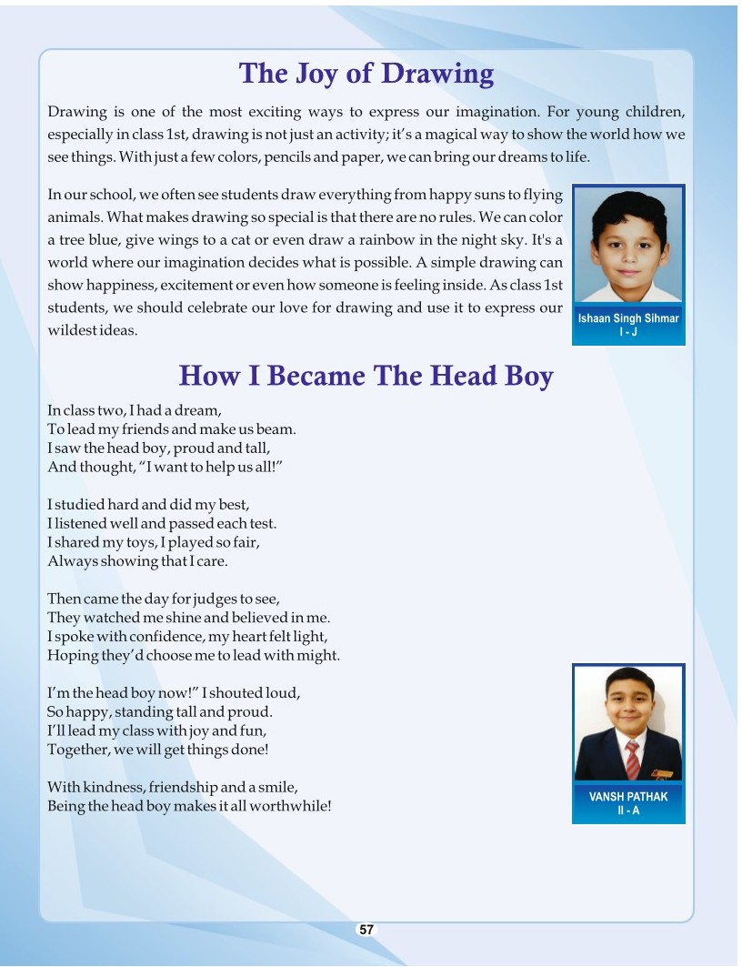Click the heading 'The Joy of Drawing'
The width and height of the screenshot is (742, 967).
(366, 74)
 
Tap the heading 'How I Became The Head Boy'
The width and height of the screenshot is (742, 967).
(366, 376)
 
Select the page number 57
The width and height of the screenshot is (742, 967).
(366, 929)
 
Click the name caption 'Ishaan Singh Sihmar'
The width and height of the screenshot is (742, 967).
(628, 319)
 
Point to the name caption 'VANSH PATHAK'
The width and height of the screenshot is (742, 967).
(628, 796)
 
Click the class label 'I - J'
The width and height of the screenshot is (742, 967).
(628, 332)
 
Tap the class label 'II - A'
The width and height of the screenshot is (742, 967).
(628, 810)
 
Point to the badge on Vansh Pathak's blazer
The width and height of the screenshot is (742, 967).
(663, 774)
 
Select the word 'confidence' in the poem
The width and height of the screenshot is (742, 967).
(156, 637)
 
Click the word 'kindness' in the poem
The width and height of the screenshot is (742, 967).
(113, 787)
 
